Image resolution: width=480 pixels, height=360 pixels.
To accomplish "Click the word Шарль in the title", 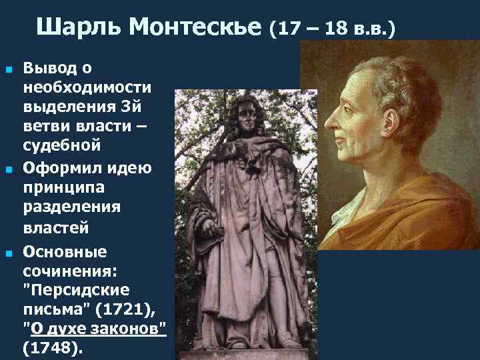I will [79, 27].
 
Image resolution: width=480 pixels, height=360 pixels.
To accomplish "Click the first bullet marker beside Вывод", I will [9, 69].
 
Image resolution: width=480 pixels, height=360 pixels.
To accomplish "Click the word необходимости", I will [87, 87].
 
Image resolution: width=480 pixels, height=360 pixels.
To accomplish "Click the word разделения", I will [72, 207].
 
